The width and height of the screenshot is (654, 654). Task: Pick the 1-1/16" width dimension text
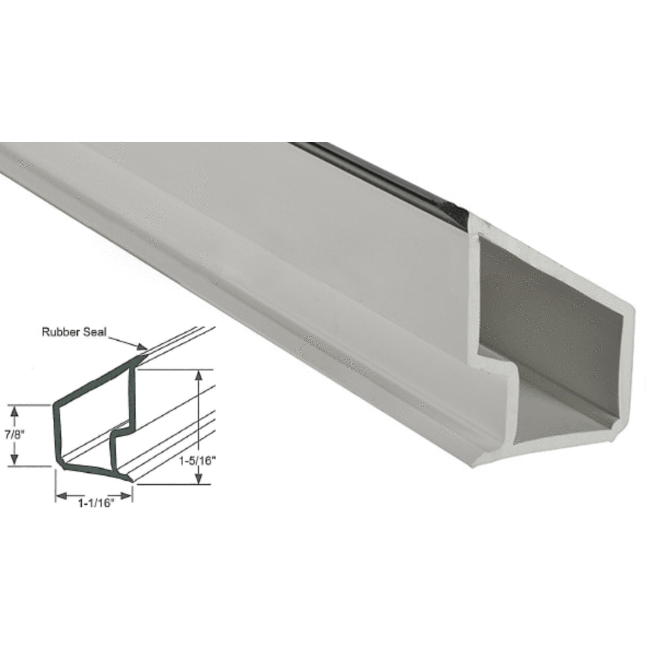(95, 503)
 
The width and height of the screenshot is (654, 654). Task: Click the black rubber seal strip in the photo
(386, 177)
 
